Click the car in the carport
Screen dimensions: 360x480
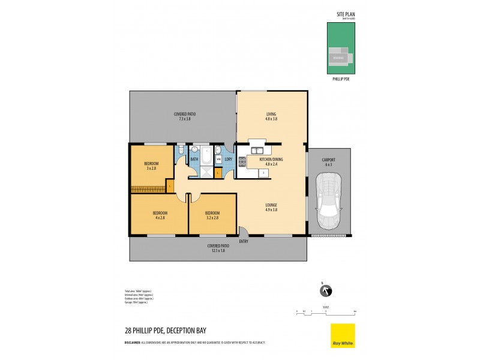329,201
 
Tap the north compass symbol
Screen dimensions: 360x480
326,291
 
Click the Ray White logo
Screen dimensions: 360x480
343,335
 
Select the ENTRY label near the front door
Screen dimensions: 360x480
243,241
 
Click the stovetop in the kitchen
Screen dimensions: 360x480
242,161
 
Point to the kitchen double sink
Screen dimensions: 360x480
257,151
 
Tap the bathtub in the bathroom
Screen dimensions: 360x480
206,157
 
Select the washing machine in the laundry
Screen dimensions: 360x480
219,159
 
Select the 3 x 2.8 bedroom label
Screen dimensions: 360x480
151,166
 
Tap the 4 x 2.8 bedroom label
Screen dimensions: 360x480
159,215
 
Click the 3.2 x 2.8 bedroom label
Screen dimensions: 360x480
212,215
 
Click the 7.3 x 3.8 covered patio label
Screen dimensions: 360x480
184,117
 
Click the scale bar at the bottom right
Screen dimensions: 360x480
326,312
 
